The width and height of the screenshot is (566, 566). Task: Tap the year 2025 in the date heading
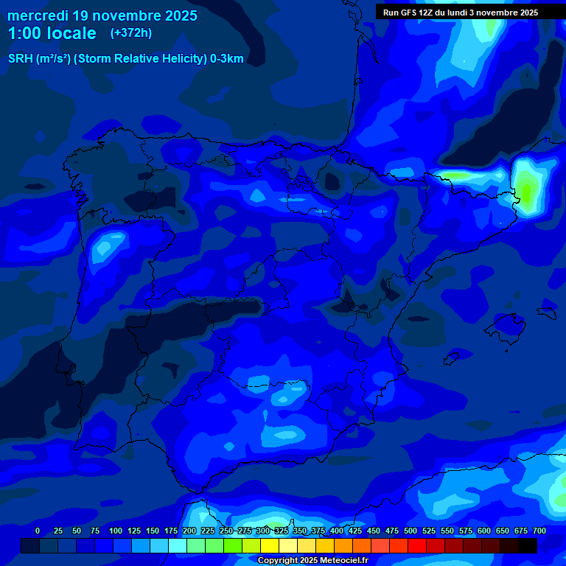[x=175, y=15]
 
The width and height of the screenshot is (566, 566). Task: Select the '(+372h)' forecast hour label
[x=130, y=33]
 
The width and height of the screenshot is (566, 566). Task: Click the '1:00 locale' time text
[x=52, y=33]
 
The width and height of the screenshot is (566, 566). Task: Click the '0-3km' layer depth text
[x=226, y=59]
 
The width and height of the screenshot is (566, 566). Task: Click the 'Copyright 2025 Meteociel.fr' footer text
[x=312, y=561]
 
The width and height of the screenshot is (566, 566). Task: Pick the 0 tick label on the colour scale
[x=38, y=531]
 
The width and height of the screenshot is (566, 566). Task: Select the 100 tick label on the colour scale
[x=116, y=531]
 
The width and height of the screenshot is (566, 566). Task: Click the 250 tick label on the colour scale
[x=226, y=531]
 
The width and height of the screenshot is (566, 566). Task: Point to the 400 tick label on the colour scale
[x=337, y=531]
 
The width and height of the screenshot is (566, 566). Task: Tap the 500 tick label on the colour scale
[x=410, y=531]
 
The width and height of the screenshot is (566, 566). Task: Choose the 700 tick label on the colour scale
[x=539, y=531]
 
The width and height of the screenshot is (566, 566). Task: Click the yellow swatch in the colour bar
[x=270, y=546]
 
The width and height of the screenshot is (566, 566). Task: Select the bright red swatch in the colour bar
[x=417, y=546]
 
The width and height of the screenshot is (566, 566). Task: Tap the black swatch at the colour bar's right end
[x=528, y=546]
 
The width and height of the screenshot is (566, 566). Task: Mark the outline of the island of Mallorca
[x=503, y=324]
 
